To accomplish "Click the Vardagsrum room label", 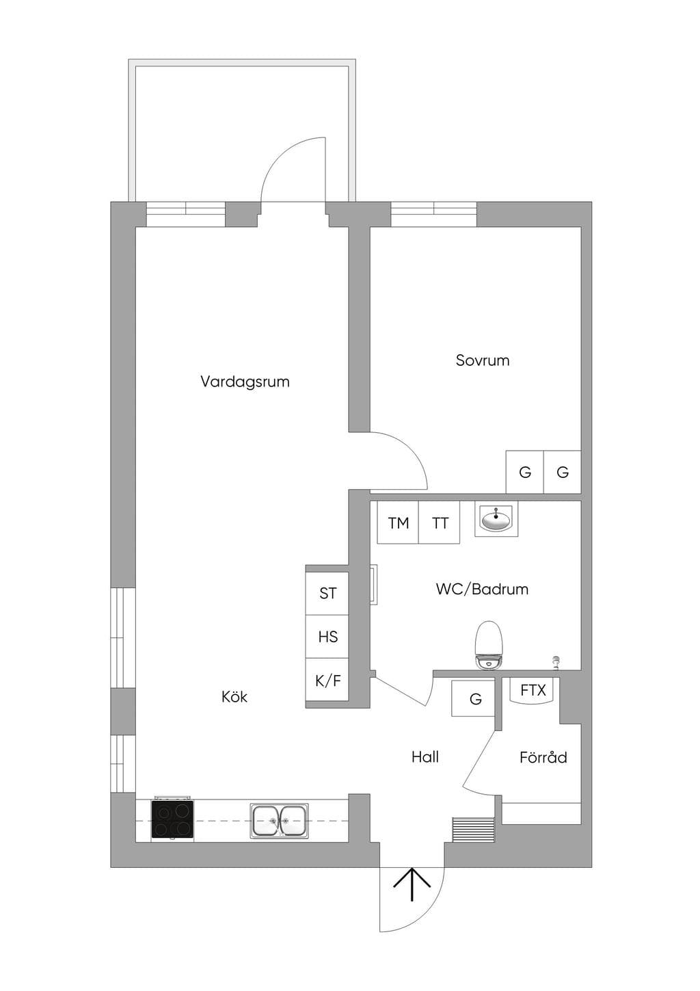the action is tap(245, 382).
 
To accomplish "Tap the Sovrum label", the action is tap(483, 360).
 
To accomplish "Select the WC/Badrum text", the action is tap(482, 590).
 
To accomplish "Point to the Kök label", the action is tap(234, 697).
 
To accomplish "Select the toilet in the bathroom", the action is tap(488, 646).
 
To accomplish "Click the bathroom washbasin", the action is tap(496, 519).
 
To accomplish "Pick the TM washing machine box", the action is tap(398, 523).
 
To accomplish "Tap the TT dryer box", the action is tap(439, 523).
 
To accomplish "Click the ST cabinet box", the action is tap(327, 593).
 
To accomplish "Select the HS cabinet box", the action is tap(327, 637).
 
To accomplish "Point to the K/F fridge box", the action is tap(327, 680).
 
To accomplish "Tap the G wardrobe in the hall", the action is tap(473, 698).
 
